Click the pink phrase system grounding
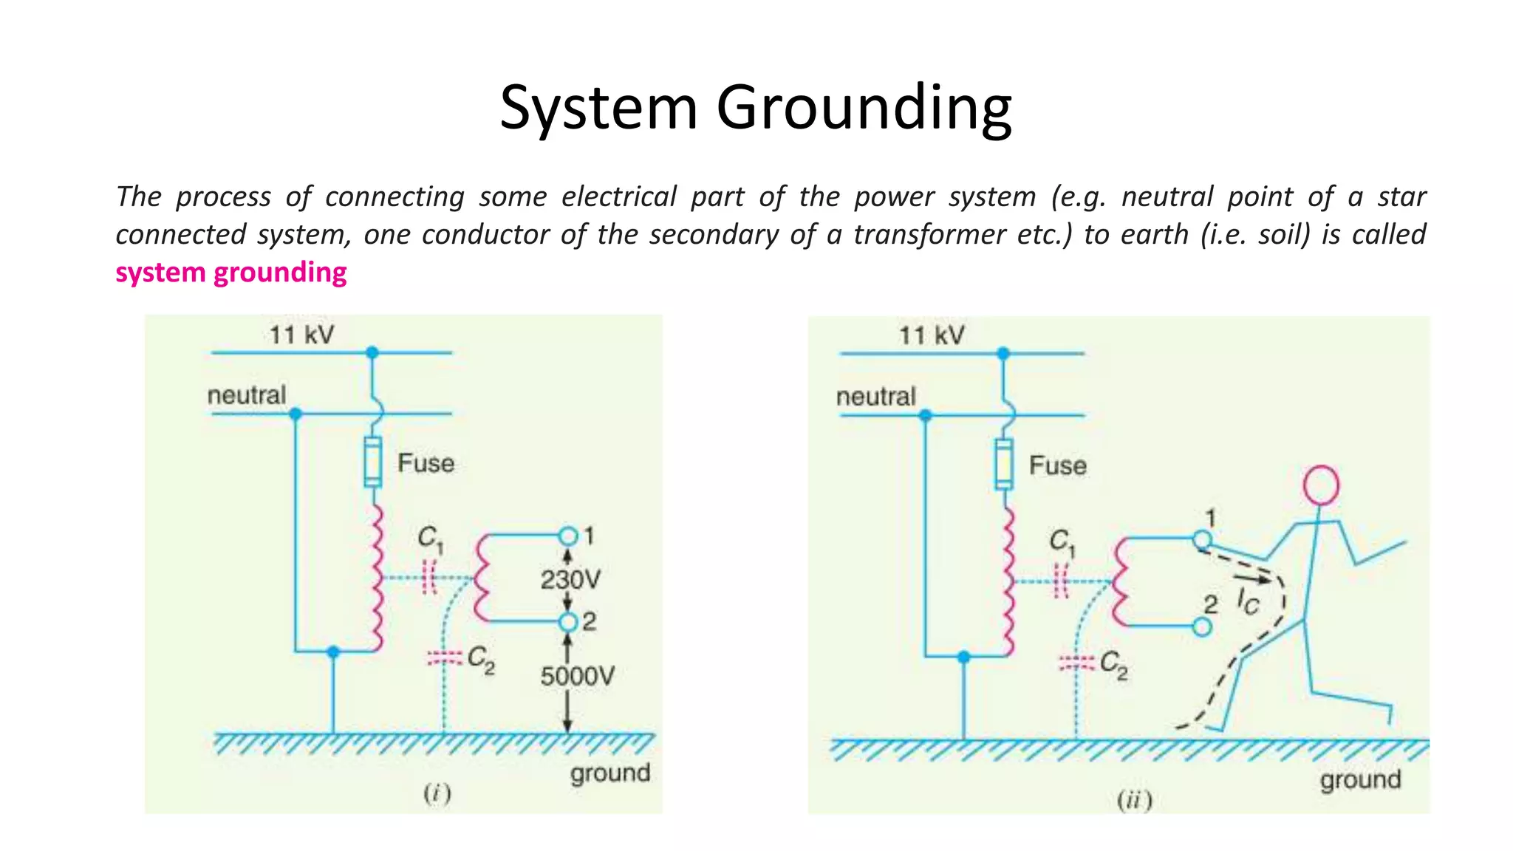(x=230, y=273)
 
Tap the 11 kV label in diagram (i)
(x=301, y=335)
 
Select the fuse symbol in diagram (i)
(x=373, y=462)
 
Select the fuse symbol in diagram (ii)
(x=1003, y=465)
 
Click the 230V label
(x=570, y=579)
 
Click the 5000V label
(x=577, y=676)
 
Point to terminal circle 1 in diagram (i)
(x=567, y=535)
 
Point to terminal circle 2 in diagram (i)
(x=567, y=622)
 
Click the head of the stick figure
(x=1321, y=485)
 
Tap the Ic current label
(x=1248, y=602)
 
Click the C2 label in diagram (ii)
(x=1114, y=664)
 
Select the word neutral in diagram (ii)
(x=875, y=397)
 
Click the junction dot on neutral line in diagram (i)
(x=296, y=414)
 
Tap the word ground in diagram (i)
(x=609, y=773)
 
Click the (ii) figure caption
(x=1134, y=800)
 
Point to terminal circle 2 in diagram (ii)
(x=1202, y=627)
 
